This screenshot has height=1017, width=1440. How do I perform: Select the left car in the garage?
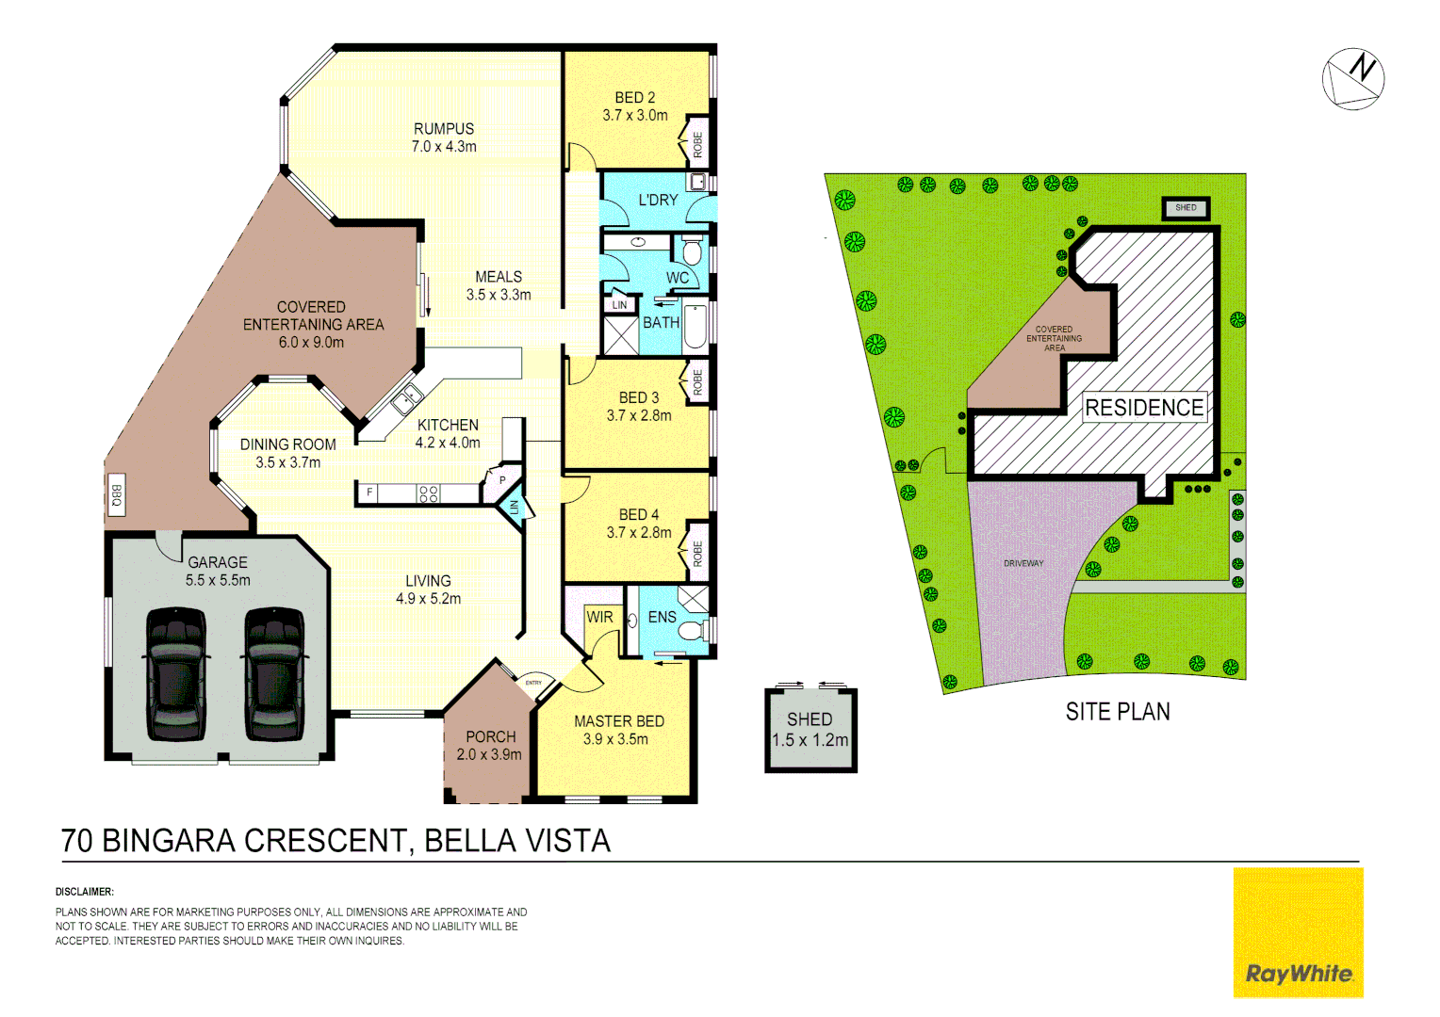tap(176, 674)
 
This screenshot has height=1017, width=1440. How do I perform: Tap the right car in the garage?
tap(275, 674)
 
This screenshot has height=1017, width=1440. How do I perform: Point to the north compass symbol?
tap(1353, 79)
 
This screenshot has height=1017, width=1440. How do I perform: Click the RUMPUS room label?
tap(444, 129)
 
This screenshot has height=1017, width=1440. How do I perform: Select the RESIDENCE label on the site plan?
tap(1144, 408)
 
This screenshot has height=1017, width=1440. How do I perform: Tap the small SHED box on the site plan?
tap(1186, 208)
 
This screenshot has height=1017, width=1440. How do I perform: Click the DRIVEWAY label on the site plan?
tap(1023, 563)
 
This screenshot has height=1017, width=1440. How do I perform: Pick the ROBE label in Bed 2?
tap(698, 144)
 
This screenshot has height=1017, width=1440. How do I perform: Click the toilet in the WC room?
tap(692, 251)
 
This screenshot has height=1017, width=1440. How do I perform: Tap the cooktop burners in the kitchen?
tap(429, 493)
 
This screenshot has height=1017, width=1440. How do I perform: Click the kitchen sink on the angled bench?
tap(407, 398)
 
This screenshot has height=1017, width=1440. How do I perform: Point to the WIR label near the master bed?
tap(599, 618)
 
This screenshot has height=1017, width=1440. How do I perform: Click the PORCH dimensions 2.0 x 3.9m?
tap(489, 754)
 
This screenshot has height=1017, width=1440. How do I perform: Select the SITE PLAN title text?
tap(1118, 712)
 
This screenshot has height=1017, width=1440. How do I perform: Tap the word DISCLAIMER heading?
tap(85, 891)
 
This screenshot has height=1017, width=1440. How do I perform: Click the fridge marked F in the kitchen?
tap(369, 492)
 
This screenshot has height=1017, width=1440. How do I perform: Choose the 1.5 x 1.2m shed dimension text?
tap(810, 740)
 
